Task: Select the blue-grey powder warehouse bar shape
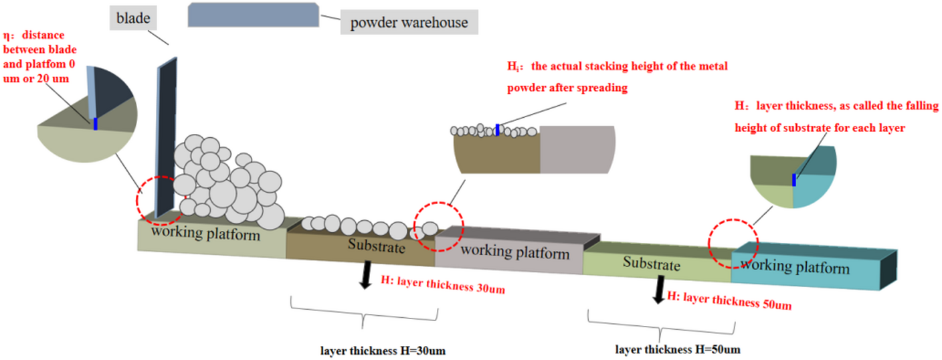click(254, 15)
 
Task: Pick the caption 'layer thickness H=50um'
click(678, 349)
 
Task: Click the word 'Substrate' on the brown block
click(377, 246)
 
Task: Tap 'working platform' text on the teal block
click(795, 266)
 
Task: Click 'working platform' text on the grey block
click(515, 252)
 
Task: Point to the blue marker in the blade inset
click(96, 123)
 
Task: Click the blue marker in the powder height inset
click(498, 129)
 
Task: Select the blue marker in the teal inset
click(794, 180)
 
